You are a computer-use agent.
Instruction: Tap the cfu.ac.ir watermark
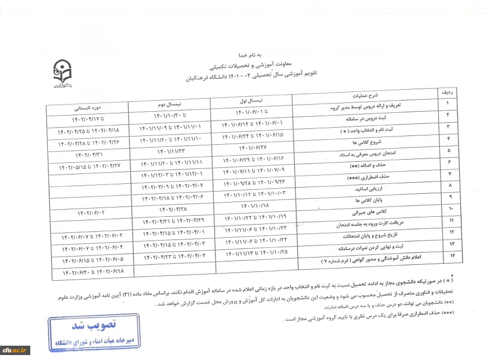[x=15, y=350]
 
